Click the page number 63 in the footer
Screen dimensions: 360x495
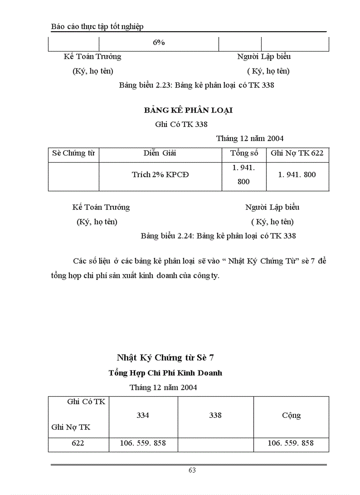coord(192,470)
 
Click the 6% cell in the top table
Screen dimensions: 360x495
coord(159,42)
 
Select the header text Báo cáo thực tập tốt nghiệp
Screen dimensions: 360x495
coord(97,26)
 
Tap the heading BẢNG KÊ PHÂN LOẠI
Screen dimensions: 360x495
coord(188,110)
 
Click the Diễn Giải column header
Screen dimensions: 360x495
coord(160,153)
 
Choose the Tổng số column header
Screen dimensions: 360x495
coord(244,153)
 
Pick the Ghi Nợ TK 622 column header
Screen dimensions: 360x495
coord(297,153)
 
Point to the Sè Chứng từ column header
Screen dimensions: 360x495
coord(73,153)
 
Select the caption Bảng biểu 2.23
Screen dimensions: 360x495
coord(196,85)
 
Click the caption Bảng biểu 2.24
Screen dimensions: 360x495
coord(218,236)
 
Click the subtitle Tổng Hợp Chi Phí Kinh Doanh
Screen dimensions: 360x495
coord(165,373)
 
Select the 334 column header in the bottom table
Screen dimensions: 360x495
coord(143,415)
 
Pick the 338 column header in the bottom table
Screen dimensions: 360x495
coord(215,415)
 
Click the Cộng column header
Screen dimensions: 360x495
coord(291,415)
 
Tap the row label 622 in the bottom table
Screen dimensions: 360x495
coord(78,443)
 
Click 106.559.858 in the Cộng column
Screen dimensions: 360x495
coord(291,443)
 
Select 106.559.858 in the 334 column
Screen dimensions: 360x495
coord(143,443)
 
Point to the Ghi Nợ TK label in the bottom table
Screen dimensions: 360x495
coord(71,427)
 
